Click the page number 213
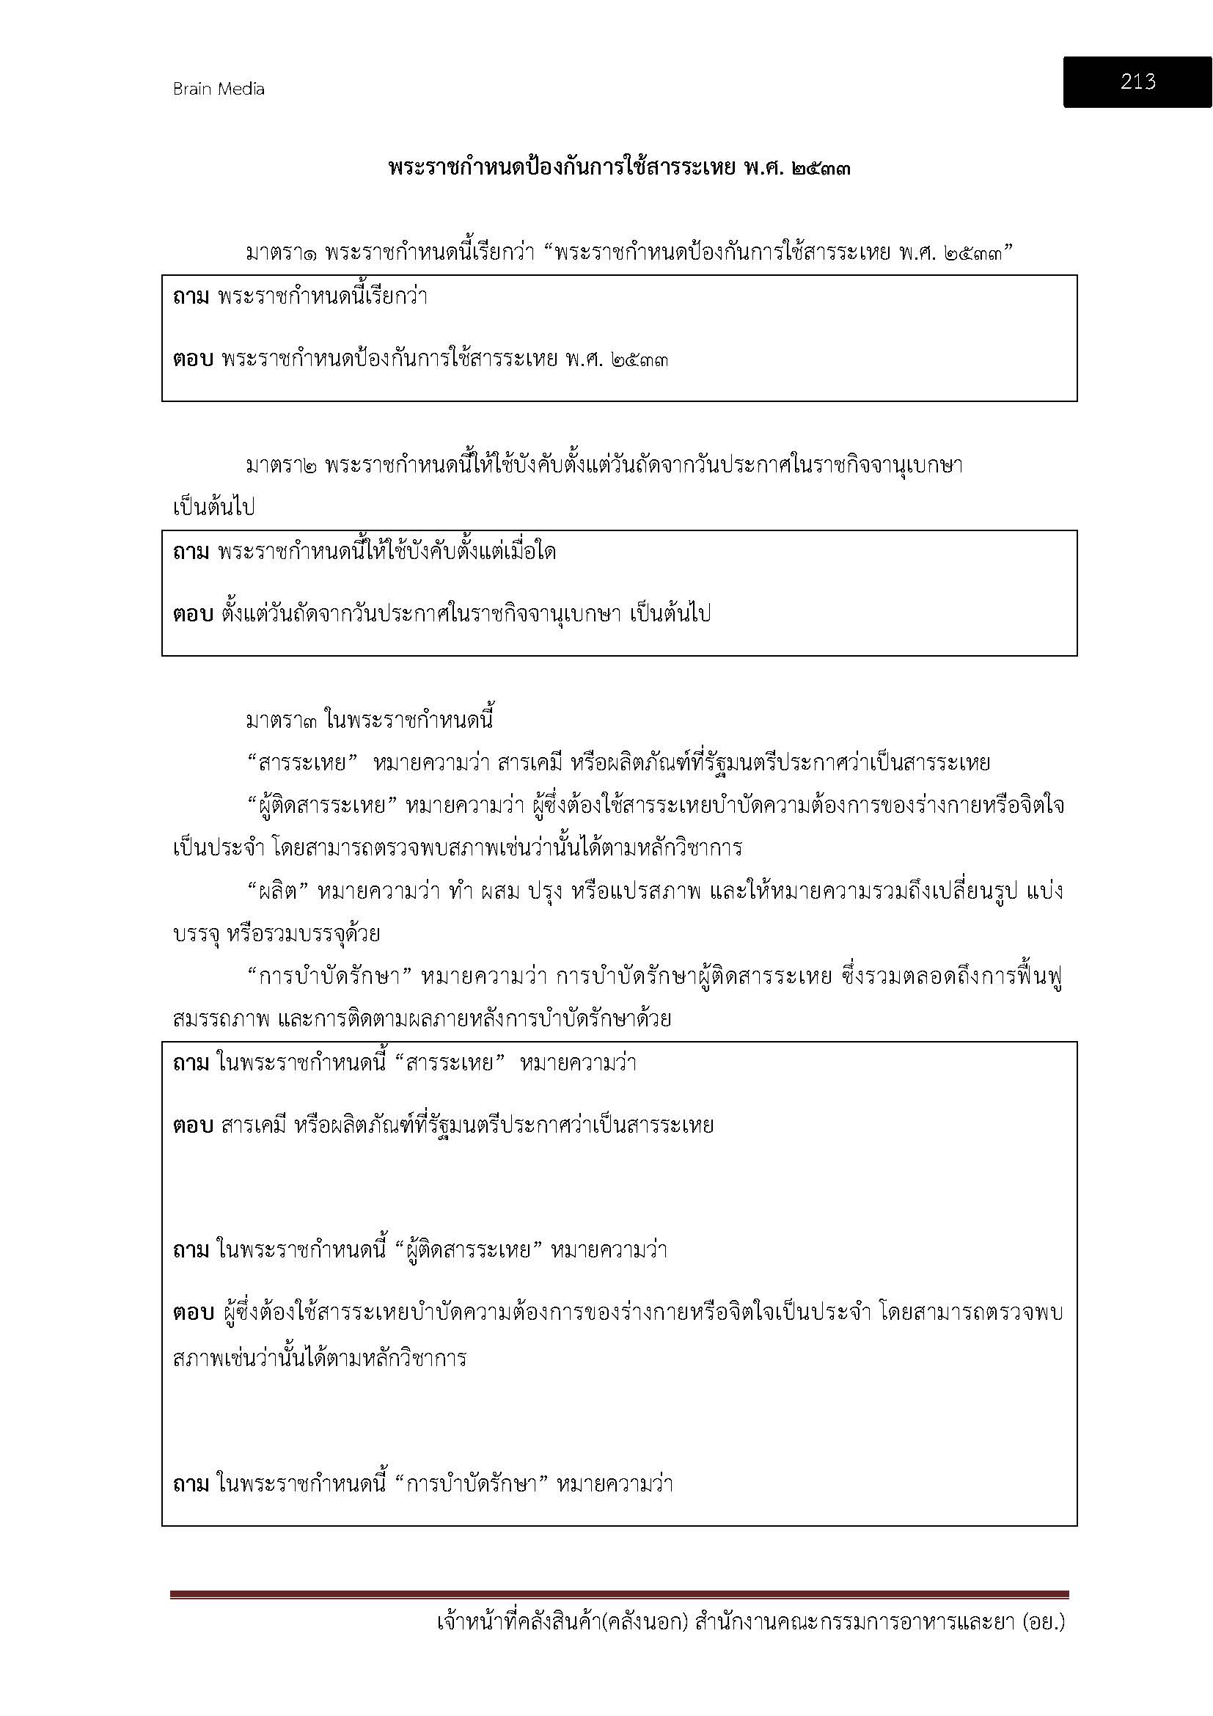pos(1137,81)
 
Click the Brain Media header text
pos(218,90)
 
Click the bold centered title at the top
pos(619,167)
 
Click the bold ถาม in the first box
pos(191,297)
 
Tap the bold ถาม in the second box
pos(191,553)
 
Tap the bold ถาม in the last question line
pos(191,1483)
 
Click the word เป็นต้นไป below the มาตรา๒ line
pos(213,508)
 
